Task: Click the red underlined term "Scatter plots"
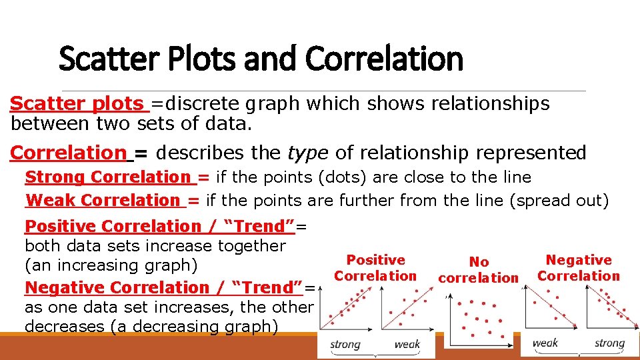point(77,104)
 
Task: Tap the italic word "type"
point(307,153)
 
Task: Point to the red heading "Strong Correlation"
point(108,177)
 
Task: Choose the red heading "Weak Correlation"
point(103,200)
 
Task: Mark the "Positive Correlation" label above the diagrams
point(375,268)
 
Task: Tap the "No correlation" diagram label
point(479,270)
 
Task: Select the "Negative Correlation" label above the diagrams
point(579,268)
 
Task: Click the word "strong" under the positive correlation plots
point(345,344)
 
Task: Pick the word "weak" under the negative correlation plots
point(545,343)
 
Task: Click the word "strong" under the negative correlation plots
point(609,343)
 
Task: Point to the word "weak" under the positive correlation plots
point(407,344)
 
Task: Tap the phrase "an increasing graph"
point(111,265)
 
